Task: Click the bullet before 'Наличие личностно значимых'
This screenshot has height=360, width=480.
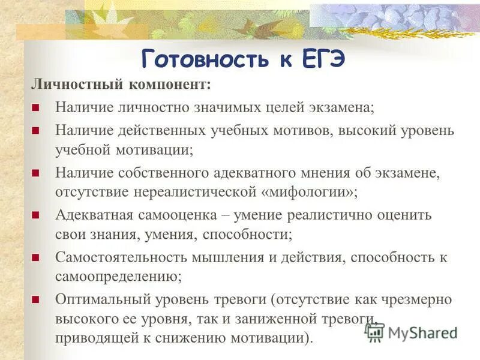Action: (x=35, y=108)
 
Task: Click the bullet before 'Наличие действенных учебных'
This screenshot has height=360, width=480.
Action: (x=35, y=130)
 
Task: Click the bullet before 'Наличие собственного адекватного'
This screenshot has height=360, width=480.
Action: (x=35, y=173)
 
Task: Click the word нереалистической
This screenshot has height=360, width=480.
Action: (x=199, y=193)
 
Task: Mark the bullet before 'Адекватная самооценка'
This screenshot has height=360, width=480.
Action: (x=35, y=215)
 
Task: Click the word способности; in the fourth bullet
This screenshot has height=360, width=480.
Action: (x=250, y=235)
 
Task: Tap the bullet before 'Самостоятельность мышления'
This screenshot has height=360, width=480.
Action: (x=35, y=257)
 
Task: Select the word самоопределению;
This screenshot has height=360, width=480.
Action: (x=119, y=277)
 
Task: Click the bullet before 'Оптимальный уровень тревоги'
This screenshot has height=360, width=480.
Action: (x=35, y=299)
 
